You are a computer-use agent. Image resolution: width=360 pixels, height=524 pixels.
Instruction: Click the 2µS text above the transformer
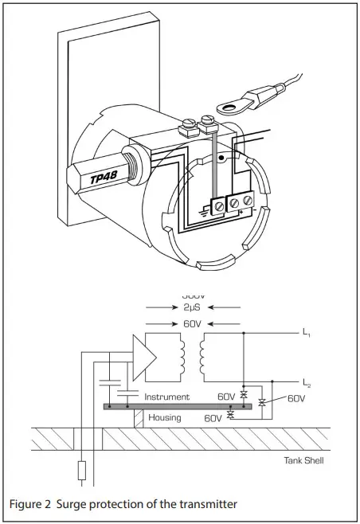(x=192, y=307)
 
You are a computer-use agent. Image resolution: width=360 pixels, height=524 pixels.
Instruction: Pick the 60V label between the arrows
(x=192, y=323)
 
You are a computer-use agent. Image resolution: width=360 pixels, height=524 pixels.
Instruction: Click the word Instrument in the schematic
(x=166, y=396)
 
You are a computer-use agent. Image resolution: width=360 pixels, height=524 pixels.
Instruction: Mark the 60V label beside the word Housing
(x=213, y=417)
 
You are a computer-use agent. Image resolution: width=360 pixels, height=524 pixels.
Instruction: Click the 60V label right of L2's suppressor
(x=295, y=397)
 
